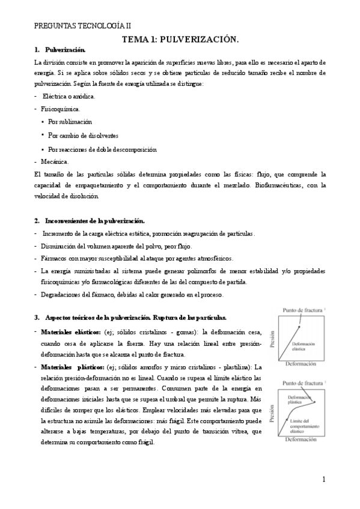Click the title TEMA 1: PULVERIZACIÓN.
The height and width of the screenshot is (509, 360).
click(180, 39)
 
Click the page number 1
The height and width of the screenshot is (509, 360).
click(323, 480)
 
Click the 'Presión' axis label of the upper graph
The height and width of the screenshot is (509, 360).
click(273, 339)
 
